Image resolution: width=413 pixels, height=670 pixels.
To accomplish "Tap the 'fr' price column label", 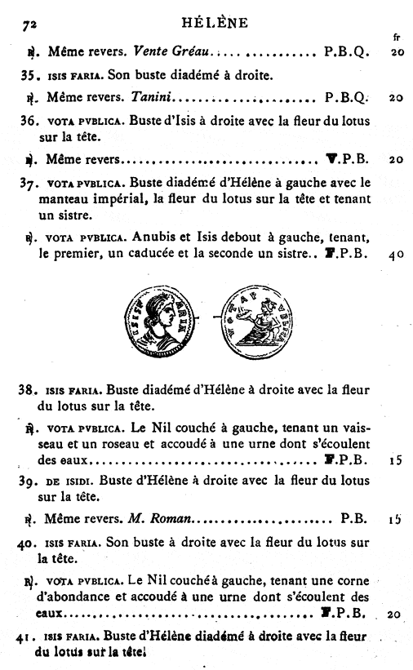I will point(397,38).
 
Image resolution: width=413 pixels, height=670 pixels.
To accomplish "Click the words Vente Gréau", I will point(172,52).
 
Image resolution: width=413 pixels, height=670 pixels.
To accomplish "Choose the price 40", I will point(397,255).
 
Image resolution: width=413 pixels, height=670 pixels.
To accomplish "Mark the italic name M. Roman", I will point(163,517).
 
